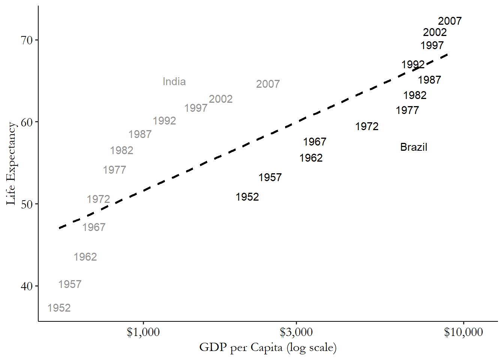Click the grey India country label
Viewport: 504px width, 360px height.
[174, 82]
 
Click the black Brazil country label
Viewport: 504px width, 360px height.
[414, 147]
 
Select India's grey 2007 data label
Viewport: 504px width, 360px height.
[268, 84]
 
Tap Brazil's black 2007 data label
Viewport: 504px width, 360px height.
[450, 21]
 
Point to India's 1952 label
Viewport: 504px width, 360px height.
[59, 308]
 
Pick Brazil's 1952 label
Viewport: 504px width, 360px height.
[247, 197]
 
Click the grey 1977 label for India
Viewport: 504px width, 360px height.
[114, 170]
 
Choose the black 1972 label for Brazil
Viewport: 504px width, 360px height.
[367, 126]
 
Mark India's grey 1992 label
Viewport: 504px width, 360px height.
[164, 121]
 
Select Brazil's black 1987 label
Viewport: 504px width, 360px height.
[429, 80]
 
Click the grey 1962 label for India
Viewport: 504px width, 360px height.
[85, 257]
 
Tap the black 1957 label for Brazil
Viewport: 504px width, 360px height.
[270, 177]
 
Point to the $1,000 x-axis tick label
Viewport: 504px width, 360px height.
[143, 332]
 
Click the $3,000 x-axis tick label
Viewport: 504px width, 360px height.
[296, 332]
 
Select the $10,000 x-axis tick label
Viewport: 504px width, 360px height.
[463, 332]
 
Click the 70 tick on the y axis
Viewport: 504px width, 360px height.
[27, 40]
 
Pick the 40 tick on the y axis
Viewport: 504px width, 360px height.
[27, 286]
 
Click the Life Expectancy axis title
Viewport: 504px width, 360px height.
[11, 163]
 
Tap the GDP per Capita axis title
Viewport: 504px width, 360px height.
[268, 348]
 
